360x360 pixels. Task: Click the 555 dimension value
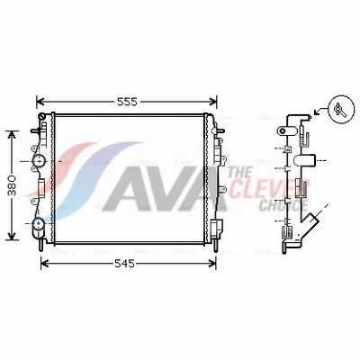[x=127, y=102]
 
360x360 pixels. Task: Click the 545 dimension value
[x=125, y=264]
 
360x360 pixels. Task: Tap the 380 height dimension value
[x=12, y=185]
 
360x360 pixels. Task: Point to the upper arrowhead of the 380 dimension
[x=12, y=134]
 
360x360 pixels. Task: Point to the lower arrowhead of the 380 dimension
[x=12, y=237]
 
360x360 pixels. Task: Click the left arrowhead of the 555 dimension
[x=40, y=102]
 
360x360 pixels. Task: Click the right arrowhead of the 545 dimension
[x=212, y=264]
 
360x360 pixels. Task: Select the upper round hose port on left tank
[x=39, y=161]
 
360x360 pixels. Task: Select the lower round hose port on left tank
[x=39, y=224]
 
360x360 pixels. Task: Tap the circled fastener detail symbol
[x=341, y=109]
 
